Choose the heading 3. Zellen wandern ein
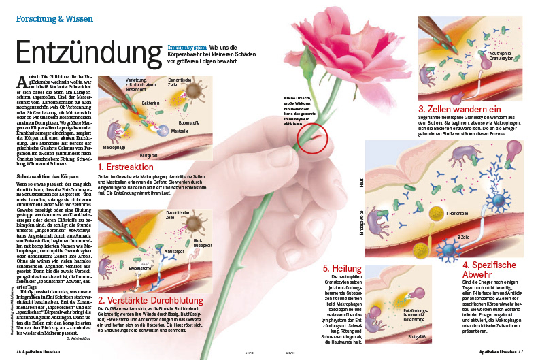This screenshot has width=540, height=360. (x=460, y=109)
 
